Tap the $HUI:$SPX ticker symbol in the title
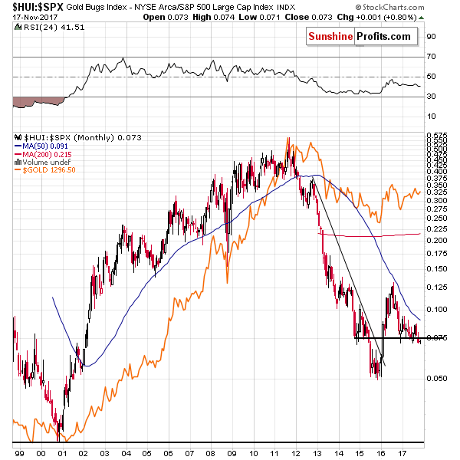30,7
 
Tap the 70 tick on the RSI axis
431,56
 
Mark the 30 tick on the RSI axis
431,96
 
